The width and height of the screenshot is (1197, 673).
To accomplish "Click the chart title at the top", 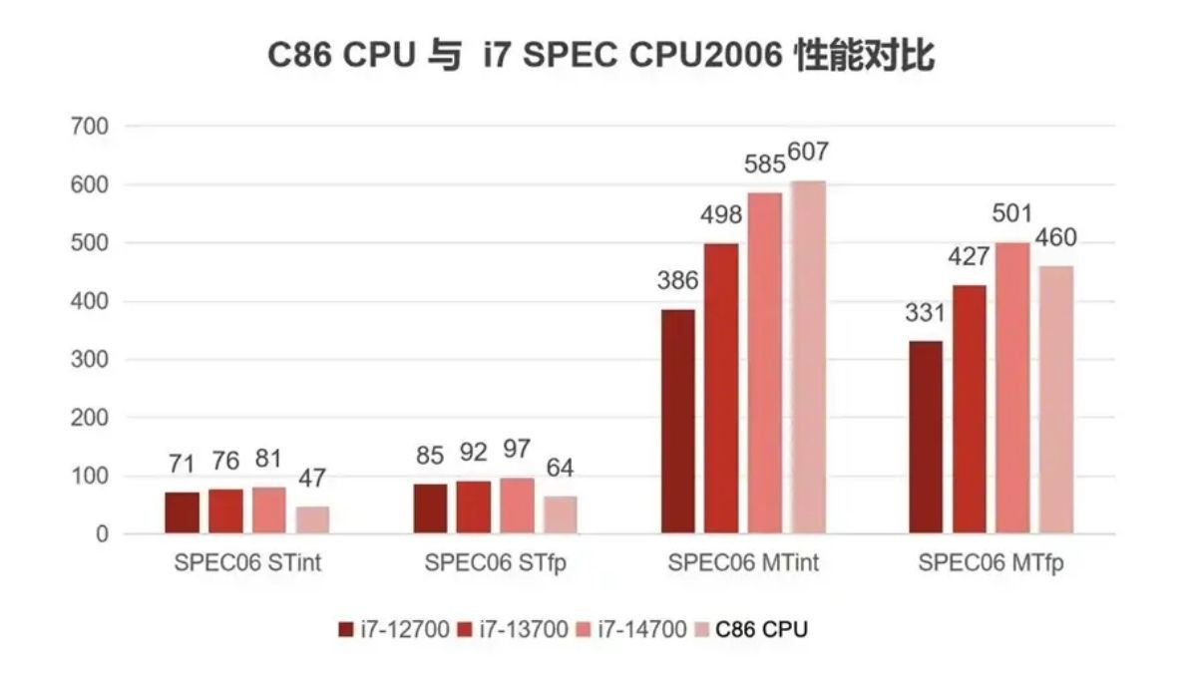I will pyautogui.click(x=600, y=56).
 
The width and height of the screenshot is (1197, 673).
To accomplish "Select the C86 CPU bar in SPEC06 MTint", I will pyautogui.click(x=808, y=358).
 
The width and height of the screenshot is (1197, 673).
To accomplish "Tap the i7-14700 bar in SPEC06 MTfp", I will pyautogui.click(x=1012, y=389).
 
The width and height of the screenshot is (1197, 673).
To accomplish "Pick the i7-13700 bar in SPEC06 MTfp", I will pyautogui.click(x=969, y=410).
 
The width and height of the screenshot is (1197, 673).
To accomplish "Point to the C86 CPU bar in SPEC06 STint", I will pyautogui.click(x=312, y=520).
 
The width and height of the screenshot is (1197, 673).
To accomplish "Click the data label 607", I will pyautogui.click(x=808, y=154).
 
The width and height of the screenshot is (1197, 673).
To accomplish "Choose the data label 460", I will pyautogui.click(x=1056, y=239).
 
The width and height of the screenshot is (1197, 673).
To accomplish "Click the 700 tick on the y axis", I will pyautogui.click(x=89, y=127).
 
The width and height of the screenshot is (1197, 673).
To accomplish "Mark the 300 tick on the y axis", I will pyautogui.click(x=89, y=360).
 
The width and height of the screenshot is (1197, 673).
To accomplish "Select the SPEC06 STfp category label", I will pyautogui.click(x=495, y=563).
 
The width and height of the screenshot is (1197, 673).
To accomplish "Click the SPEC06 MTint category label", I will pyautogui.click(x=743, y=563).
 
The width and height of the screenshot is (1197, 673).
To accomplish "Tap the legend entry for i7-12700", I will pyautogui.click(x=393, y=630).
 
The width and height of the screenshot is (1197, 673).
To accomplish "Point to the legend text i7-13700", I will pyautogui.click(x=523, y=630).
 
